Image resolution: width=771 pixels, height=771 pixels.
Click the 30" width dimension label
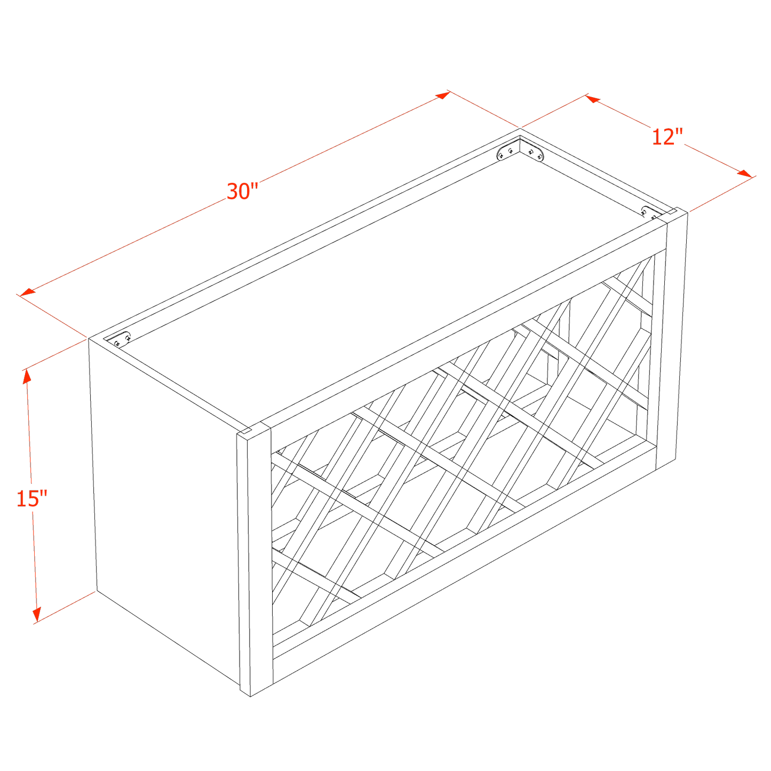(x=242, y=191)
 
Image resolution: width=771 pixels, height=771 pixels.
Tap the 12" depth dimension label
(x=667, y=137)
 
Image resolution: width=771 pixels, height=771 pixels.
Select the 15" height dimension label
(x=32, y=498)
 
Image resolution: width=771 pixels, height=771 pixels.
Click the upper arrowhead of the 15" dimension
(x=27, y=376)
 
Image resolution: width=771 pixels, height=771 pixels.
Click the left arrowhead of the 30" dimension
(x=28, y=292)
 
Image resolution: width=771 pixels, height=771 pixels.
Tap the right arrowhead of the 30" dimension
(x=442, y=95)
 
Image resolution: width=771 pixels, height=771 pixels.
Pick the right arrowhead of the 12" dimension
(x=745, y=173)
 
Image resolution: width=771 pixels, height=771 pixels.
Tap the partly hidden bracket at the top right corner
(x=649, y=212)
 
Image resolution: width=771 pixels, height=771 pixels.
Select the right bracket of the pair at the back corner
(x=532, y=151)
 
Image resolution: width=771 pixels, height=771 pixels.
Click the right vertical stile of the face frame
(x=671, y=340)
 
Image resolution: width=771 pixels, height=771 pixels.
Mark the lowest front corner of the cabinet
(x=250, y=697)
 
